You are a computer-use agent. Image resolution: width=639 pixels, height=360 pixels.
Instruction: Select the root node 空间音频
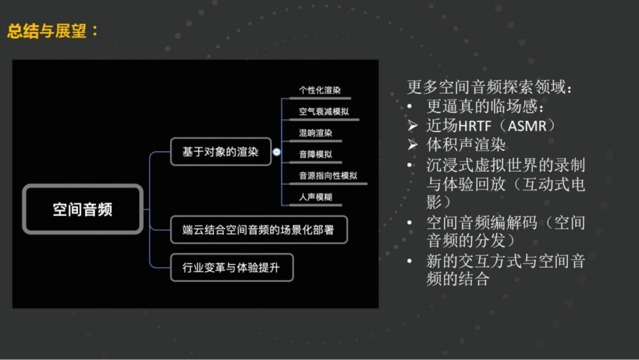click(83, 209)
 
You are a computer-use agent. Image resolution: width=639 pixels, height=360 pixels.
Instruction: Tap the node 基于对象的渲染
click(220, 152)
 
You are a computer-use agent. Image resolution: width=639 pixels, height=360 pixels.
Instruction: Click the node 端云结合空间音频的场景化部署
click(258, 230)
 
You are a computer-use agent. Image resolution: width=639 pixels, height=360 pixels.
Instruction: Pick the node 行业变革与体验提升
click(231, 268)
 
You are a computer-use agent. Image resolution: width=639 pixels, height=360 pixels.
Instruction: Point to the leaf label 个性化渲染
click(319, 91)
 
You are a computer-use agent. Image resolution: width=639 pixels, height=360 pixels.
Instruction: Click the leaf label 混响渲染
click(315, 133)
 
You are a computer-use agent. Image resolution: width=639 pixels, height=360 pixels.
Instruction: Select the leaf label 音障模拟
click(315, 155)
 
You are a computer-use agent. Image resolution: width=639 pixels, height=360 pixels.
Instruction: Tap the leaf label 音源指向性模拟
click(328, 176)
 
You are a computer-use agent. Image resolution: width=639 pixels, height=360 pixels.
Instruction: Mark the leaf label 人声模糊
click(315, 197)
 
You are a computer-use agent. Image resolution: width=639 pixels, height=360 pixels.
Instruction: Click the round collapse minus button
click(276, 152)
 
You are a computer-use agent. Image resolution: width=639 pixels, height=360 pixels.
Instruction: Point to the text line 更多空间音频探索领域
click(490, 88)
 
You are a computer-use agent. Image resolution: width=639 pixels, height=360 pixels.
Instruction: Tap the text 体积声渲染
click(466, 145)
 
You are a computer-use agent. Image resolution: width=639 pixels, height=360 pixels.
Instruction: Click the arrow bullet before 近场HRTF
click(413, 126)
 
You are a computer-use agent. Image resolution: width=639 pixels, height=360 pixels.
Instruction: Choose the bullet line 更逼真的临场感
click(485, 107)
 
